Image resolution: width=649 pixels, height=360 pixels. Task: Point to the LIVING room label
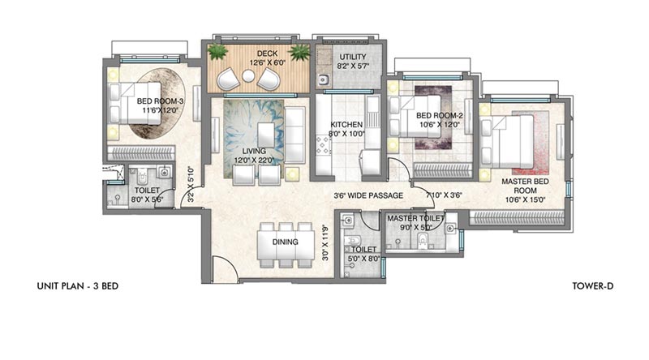250,151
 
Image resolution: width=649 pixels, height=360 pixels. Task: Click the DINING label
280,242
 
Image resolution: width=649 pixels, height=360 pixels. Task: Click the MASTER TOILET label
414,219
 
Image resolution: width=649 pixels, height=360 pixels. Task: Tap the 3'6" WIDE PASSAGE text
368,195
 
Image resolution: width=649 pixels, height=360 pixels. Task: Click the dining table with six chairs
281,242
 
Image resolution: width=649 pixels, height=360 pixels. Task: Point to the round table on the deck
249,78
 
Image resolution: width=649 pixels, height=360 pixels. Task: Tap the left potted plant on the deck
217,52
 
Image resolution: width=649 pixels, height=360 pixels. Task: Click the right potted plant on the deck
299,53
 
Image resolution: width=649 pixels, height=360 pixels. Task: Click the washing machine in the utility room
323,80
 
